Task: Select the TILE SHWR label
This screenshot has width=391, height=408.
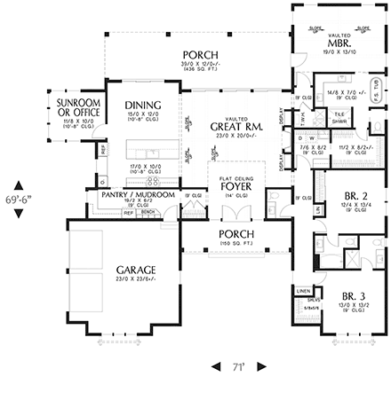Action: [339, 117]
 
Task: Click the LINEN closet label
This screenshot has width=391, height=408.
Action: [303, 291]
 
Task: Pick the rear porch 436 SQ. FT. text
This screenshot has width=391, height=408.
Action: [195, 72]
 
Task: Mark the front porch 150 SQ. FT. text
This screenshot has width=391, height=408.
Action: [236, 243]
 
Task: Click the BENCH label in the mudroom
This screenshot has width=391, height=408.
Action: [148, 213]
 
